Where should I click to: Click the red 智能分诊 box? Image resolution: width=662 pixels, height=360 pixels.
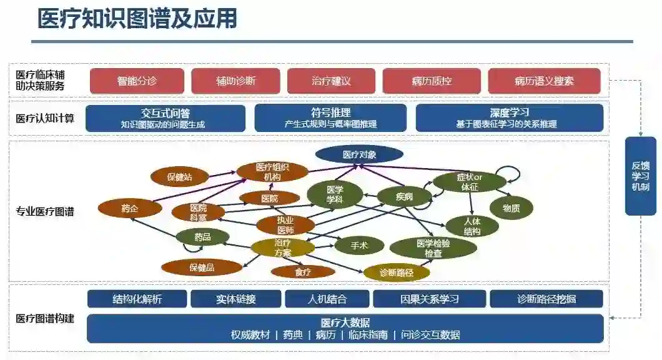[x=137, y=81]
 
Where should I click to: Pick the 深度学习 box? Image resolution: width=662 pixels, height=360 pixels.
[x=509, y=117]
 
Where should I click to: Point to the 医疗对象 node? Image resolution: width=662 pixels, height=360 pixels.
[x=359, y=154]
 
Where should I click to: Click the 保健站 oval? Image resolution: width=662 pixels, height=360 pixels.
[x=180, y=177]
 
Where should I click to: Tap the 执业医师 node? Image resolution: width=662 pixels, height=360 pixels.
[x=286, y=225]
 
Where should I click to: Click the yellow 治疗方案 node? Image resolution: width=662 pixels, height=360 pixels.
[x=283, y=247]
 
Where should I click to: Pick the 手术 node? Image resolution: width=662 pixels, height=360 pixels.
[x=359, y=246]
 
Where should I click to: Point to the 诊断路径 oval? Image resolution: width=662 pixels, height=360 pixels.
[x=396, y=272]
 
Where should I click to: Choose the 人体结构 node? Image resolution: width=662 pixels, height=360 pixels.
[x=472, y=226]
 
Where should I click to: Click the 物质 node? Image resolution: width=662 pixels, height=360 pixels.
[x=511, y=208]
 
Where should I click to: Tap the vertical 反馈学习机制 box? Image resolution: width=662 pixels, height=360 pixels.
[x=640, y=176]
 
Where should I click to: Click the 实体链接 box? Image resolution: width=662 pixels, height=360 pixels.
[x=236, y=299]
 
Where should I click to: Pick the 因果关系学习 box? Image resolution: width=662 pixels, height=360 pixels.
[x=429, y=299]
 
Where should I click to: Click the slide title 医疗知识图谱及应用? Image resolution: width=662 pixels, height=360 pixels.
[x=137, y=19]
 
